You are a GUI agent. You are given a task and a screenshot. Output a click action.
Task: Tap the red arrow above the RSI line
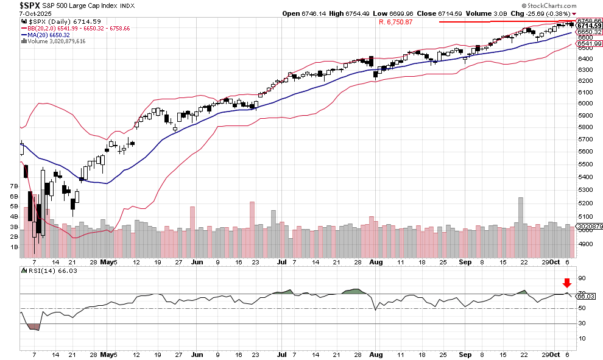click(567, 283)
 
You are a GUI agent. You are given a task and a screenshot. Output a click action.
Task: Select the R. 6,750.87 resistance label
click(395, 22)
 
